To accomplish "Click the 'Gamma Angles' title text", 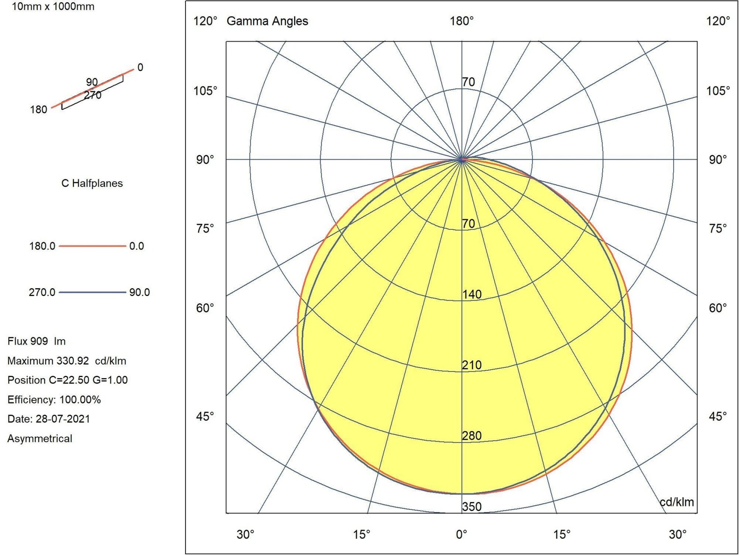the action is click(x=267, y=21).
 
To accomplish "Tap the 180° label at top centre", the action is click(x=461, y=21).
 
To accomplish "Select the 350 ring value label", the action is click(x=472, y=506).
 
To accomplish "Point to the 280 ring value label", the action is click(x=472, y=436).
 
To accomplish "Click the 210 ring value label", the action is click(x=472, y=365).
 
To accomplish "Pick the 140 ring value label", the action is click(x=472, y=294).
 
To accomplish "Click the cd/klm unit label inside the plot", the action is click(x=677, y=502).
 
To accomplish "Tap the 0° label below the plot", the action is click(x=461, y=534).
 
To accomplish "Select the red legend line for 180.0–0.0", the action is click(x=92, y=246).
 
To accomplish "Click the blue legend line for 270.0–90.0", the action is click(x=92, y=292).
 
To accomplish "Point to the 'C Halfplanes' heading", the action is click(x=92, y=183).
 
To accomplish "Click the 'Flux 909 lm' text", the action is click(x=37, y=341).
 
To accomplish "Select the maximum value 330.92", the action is click(x=72, y=361).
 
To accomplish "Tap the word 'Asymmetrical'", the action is click(x=40, y=439).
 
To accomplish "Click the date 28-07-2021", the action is click(x=63, y=419).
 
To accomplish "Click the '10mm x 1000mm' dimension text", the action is click(x=53, y=7).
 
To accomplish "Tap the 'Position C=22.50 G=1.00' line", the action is click(x=67, y=380).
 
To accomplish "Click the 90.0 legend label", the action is click(x=139, y=292).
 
